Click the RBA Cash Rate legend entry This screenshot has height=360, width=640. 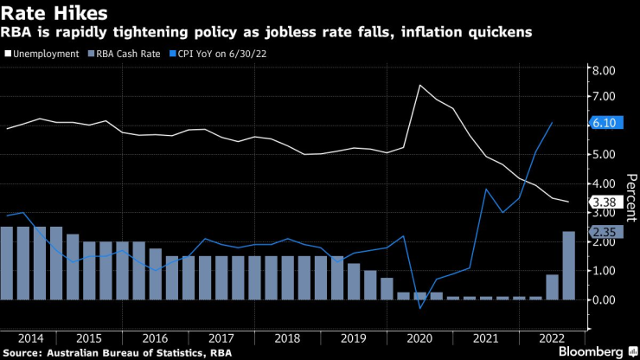point(126,54)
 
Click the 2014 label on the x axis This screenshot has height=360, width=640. point(31,337)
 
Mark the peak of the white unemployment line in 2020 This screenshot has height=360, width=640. point(419,85)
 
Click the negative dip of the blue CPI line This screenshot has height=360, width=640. point(419,308)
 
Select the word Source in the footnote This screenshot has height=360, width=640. point(22,352)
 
